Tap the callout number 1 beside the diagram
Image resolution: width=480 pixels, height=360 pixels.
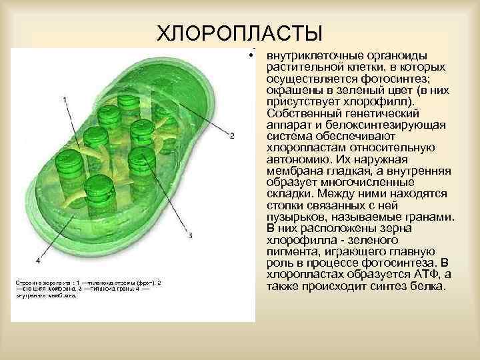click(x=64, y=99)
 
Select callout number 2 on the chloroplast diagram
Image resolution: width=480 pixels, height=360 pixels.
click(x=231, y=136)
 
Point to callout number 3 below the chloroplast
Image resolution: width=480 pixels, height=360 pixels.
click(x=191, y=235)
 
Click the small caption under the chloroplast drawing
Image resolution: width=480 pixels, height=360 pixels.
click(x=87, y=289)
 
